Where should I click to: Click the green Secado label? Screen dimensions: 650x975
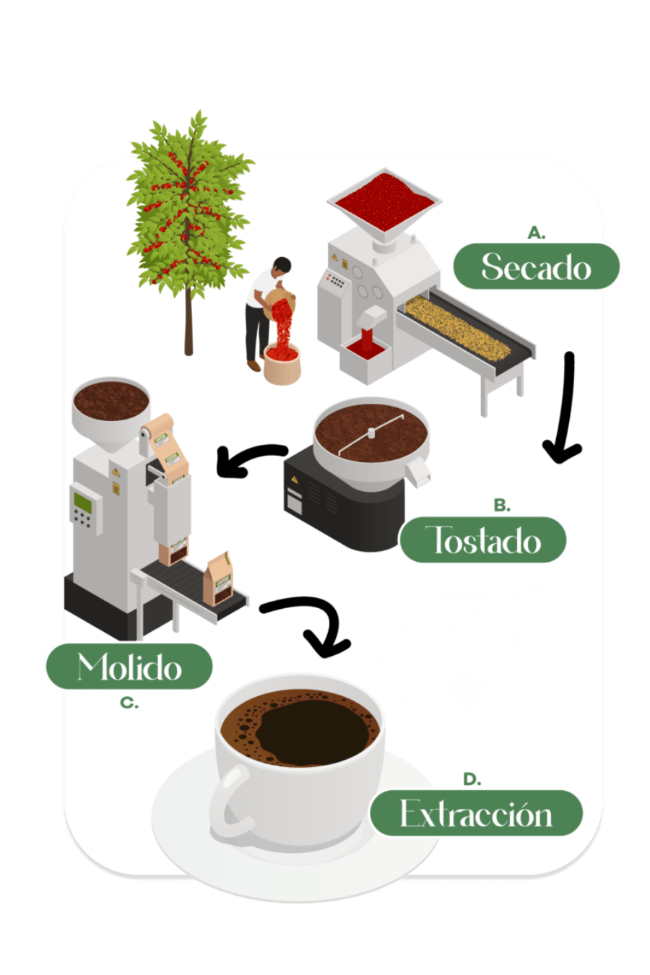click(536, 266)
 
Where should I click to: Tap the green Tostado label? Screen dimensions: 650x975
click(483, 539)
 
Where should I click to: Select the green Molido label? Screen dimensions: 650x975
click(129, 666)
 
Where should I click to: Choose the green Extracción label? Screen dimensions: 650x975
click(476, 813)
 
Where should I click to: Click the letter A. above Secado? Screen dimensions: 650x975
click(537, 233)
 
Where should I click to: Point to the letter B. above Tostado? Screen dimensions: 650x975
click(502, 506)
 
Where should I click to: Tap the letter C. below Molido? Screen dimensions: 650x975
click(129, 703)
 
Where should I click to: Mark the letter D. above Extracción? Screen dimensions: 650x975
click(472, 779)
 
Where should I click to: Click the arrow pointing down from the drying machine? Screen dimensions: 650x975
click(566, 409)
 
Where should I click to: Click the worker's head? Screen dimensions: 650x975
click(282, 266)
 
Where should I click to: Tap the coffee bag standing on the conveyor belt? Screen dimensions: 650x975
click(218, 579)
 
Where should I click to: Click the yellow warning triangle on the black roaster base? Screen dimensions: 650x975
click(295, 480)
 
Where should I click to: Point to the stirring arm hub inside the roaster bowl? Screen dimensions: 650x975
click(371, 433)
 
